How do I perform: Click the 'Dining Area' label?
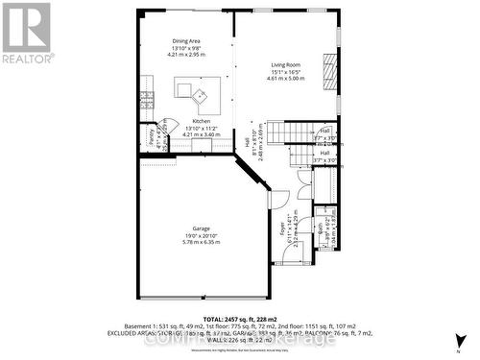(187, 41)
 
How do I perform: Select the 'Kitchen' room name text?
(187, 121)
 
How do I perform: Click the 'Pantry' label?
(153, 137)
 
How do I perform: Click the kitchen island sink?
(201, 95)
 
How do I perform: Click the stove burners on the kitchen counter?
(147, 98)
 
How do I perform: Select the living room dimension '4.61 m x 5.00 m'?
(284, 79)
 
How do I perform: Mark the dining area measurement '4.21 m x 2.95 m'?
(187, 55)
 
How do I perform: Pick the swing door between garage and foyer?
(278, 198)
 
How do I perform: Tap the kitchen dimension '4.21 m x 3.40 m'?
(187, 134)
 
